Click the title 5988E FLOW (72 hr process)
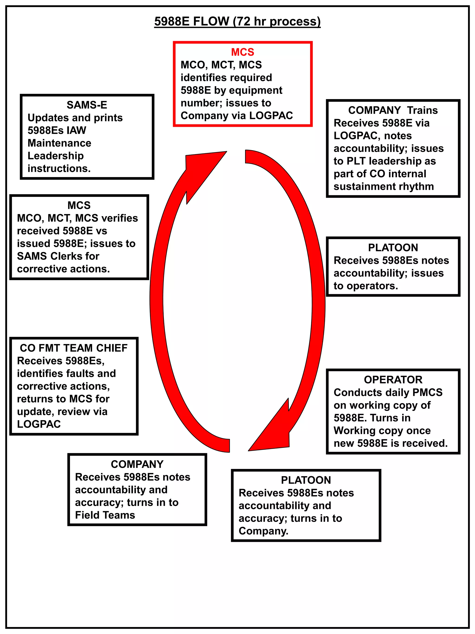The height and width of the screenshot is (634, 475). pyautogui.click(x=237, y=22)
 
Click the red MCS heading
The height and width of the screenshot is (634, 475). pyautogui.click(x=243, y=52)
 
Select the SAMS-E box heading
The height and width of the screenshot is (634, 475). pyautogui.click(x=87, y=105)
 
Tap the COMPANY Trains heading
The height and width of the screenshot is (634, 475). pyautogui.click(x=393, y=110)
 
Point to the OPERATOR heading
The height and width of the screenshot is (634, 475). pyautogui.click(x=393, y=380)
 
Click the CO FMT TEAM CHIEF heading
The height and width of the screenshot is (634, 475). pyautogui.click(x=74, y=348)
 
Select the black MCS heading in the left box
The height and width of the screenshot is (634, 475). pyautogui.click(x=79, y=205)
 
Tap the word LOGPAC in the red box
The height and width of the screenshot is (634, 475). pyautogui.click(x=271, y=116)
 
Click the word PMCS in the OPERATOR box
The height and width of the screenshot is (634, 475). pyautogui.click(x=428, y=392)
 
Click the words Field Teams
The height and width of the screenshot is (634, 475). pyautogui.click(x=105, y=515)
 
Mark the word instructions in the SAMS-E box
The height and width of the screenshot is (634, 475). pyautogui.click(x=59, y=169)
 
